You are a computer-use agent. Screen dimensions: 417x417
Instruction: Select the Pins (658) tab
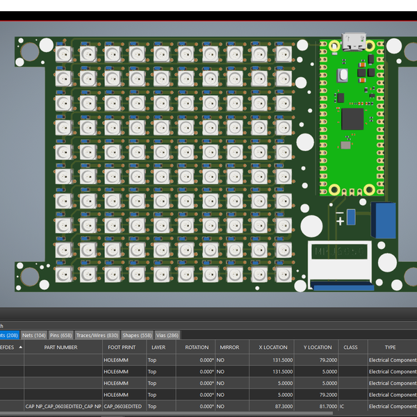coord(61,336)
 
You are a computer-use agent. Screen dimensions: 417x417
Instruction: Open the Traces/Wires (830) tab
coord(97,336)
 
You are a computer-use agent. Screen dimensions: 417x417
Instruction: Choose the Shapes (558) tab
coord(137,336)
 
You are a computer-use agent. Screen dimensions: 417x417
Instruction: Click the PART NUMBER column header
coord(61,347)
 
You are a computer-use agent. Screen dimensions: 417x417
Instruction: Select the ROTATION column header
coord(197,347)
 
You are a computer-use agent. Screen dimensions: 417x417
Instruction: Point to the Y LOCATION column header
coord(318,347)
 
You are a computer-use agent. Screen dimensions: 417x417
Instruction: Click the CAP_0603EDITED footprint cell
coord(123,406)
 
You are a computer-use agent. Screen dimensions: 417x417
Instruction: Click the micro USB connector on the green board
coord(354,42)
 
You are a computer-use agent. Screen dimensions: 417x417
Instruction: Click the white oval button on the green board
coord(342,74)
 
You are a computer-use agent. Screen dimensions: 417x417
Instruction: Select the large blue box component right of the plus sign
coord(384,220)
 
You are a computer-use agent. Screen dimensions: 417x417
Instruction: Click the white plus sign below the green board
coord(340,221)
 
